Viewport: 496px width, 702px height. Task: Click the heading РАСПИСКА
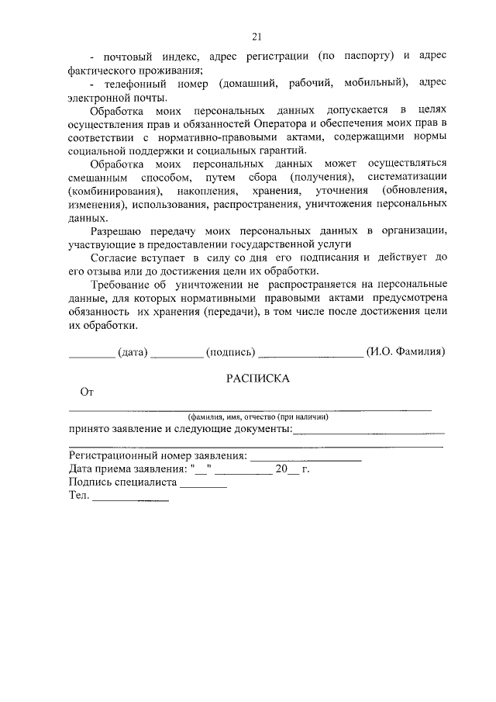tap(257, 379)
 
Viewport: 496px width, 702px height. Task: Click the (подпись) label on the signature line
tap(230, 351)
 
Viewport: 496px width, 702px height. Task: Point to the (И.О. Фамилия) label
tap(405, 351)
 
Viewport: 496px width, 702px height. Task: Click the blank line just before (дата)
tap(91, 355)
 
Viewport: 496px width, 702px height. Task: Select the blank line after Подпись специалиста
tap(202, 486)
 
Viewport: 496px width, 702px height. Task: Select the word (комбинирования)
tap(115, 191)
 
